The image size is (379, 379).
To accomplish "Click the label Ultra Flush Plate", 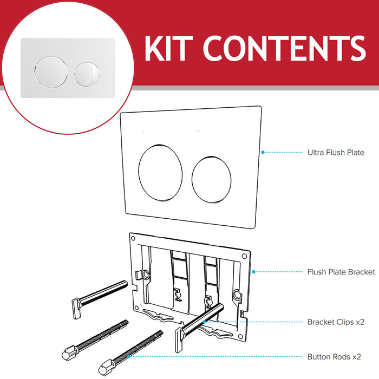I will pos(336,153).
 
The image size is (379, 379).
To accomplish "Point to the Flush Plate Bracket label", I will pos(341,272).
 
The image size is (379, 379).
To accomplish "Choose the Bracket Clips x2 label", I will pos(336,322).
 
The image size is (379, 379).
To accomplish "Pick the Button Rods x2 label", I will pos(334,357).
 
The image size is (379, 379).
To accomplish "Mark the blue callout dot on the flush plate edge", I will pos(262,152).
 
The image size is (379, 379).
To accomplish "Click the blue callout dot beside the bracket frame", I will pos(253,272).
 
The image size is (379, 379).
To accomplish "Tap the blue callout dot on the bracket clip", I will pos(205,322).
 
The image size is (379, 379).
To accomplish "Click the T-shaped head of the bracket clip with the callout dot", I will pos(179,338).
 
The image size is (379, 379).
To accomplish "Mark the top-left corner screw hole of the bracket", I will pos(132,237).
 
